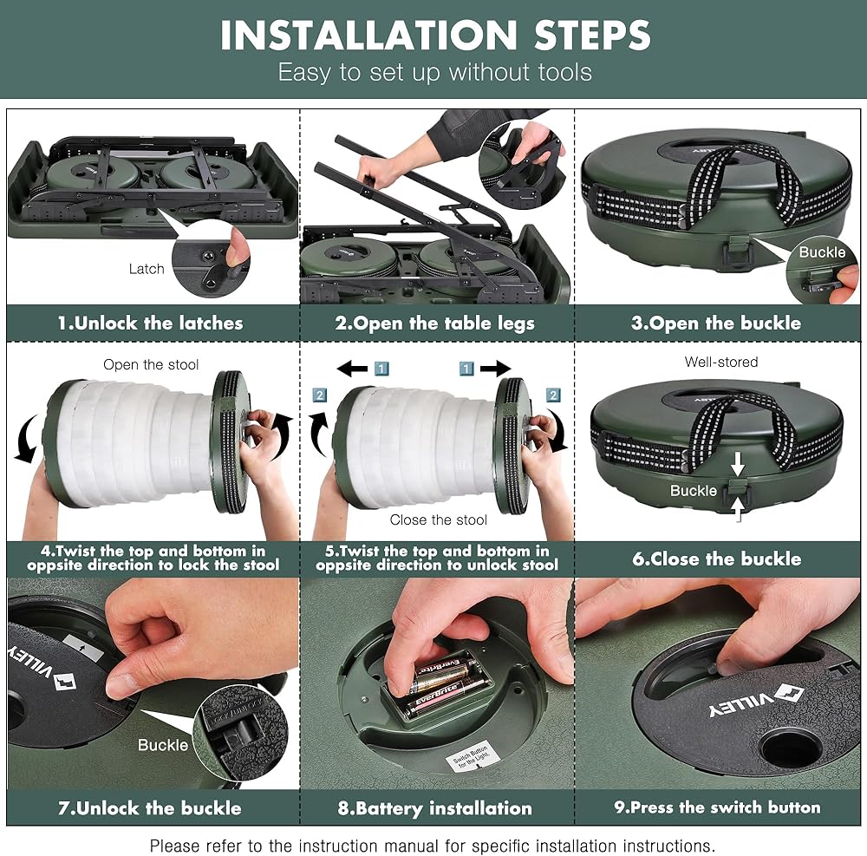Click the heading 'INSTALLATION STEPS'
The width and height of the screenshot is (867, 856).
(435, 36)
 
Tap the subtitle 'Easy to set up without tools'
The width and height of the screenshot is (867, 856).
(435, 73)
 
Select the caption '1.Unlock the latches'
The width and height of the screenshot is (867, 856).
(150, 323)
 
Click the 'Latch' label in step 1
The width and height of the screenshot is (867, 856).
(147, 269)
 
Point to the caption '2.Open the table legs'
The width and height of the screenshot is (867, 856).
(434, 323)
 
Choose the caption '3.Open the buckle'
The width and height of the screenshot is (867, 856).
(716, 323)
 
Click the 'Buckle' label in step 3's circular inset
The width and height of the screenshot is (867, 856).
(822, 252)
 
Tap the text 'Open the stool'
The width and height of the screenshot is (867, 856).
(151, 365)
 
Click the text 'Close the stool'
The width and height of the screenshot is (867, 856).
(439, 519)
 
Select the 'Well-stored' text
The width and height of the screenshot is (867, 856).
(721, 362)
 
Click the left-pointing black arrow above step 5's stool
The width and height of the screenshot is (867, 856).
(352, 368)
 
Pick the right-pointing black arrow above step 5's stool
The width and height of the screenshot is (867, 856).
(495, 368)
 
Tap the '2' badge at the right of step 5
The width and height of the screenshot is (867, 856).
(553, 395)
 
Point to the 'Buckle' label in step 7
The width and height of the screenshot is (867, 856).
(163, 745)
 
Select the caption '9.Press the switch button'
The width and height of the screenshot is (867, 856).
(717, 807)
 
